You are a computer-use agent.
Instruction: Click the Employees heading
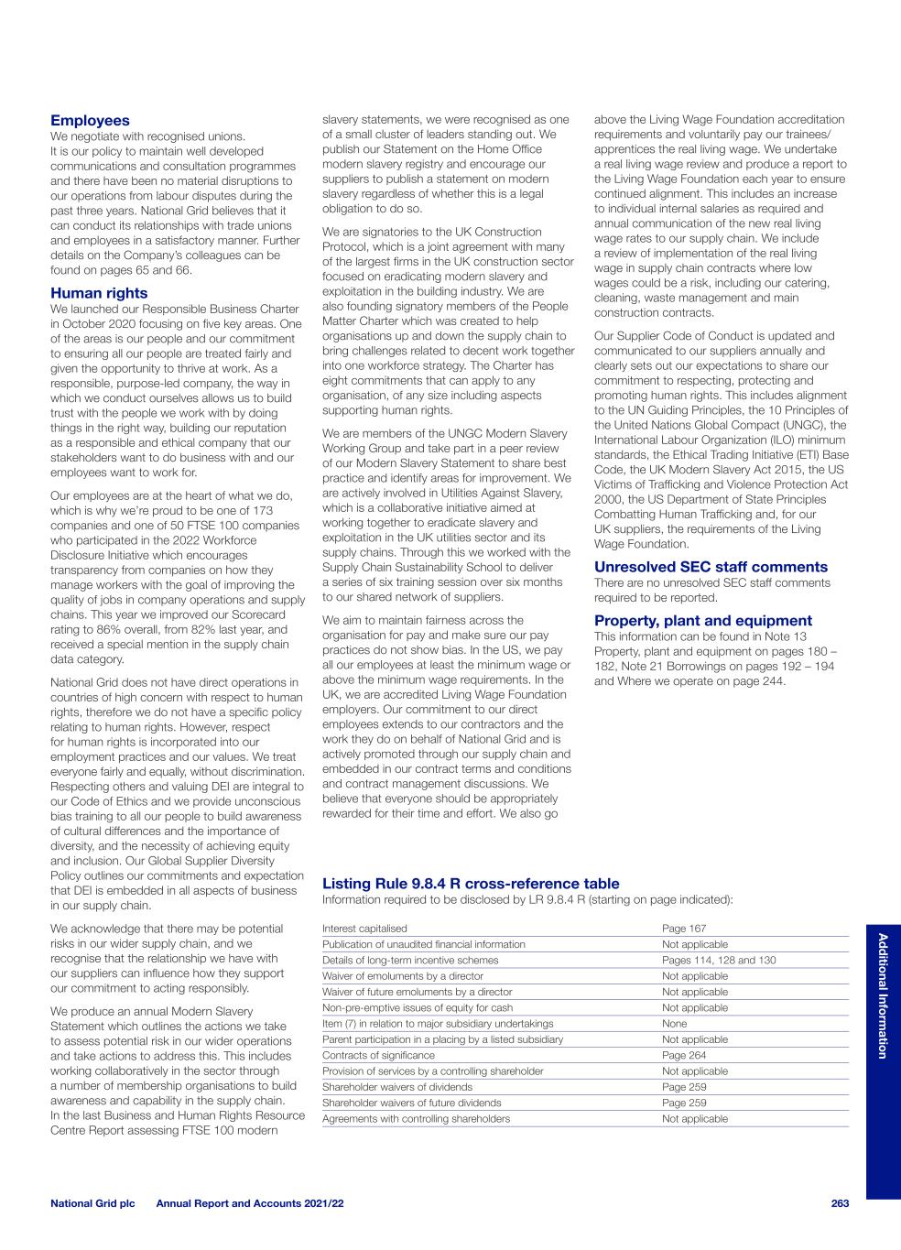point(90,121)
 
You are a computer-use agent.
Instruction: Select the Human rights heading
point(99,293)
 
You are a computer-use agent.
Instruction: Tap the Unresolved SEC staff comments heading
point(711,567)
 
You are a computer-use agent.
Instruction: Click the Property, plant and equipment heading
point(703,621)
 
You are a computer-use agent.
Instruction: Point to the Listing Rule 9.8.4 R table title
point(471,884)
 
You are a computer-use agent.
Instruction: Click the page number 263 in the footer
point(840,1203)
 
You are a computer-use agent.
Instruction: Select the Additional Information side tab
point(883,995)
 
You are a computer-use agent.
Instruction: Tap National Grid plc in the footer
point(92,1203)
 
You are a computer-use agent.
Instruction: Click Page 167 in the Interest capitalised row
point(684,929)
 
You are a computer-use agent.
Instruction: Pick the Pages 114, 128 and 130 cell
point(719,961)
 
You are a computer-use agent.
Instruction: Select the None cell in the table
point(675,1024)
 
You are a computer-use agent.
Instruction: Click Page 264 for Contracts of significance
point(684,1056)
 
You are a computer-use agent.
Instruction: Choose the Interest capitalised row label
point(364,929)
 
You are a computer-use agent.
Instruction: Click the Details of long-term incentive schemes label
point(410,961)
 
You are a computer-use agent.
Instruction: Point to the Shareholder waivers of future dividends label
point(412,1103)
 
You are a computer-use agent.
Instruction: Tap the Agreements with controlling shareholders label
point(416,1119)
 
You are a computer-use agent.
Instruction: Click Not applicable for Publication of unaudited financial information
point(695,944)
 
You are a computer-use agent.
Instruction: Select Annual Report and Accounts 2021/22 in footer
point(250,1203)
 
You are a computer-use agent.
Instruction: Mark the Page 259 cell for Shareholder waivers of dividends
point(684,1088)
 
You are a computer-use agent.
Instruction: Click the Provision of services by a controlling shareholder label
point(432,1071)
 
